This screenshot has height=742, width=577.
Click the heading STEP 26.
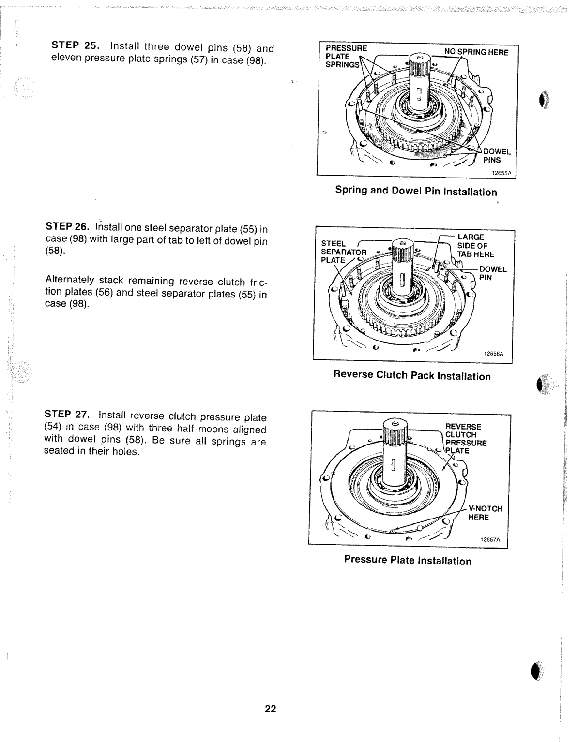69,227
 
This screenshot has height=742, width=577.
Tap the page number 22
270,709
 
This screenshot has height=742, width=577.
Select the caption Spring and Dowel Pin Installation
416,191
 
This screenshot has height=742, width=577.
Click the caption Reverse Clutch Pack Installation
412,376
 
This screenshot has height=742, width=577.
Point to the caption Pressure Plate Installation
407,560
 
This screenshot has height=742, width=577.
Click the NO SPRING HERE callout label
476,52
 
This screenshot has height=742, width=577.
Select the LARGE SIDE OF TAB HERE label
475,246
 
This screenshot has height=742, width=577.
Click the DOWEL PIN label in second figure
493,273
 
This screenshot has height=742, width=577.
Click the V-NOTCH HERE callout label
485,513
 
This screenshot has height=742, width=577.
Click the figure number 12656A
494,354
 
